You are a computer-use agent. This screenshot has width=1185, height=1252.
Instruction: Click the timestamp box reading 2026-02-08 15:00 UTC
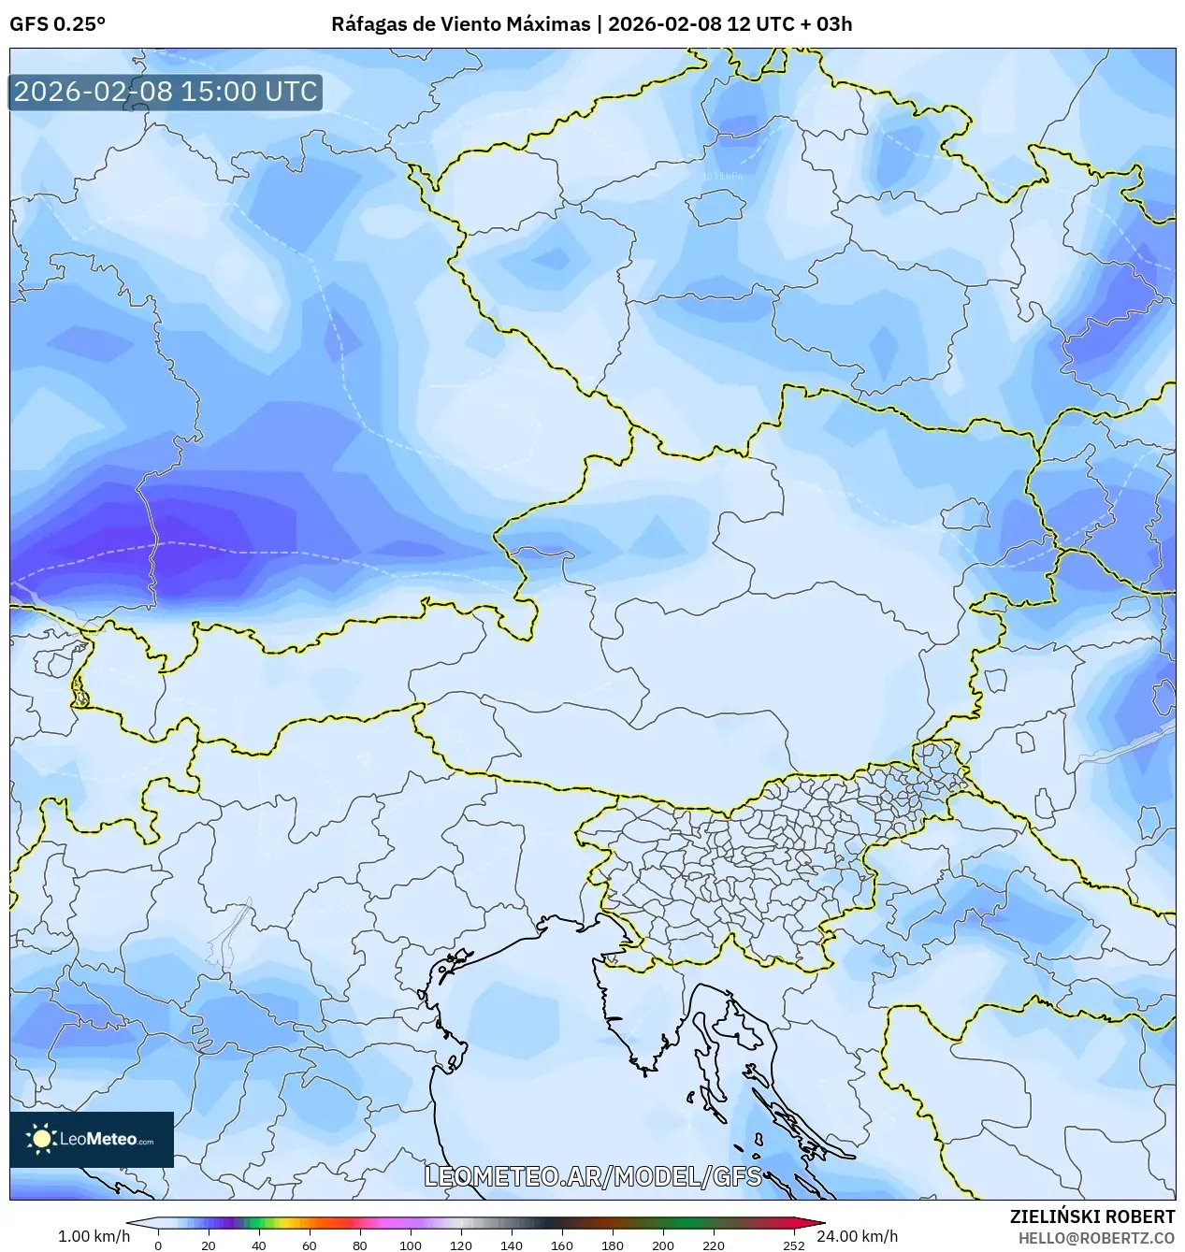tap(166, 92)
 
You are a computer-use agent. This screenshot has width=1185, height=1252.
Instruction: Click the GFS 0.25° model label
tap(57, 24)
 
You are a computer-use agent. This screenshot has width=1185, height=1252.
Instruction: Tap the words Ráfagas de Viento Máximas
tap(460, 24)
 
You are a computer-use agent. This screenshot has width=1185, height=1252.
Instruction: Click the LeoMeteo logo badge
tap(92, 1139)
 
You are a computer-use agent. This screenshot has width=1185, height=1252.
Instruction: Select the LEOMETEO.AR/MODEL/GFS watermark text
tap(593, 1176)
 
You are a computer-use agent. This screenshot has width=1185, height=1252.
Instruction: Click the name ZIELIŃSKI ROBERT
tap(1091, 1216)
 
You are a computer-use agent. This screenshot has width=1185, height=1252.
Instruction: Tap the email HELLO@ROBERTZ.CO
tap(1096, 1237)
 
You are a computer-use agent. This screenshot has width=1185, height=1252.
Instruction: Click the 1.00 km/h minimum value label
tap(94, 1236)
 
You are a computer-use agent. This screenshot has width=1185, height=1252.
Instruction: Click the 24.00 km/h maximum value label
tap(857, 1236)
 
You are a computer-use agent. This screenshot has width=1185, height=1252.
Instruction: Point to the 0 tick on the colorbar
tap(157, 1245)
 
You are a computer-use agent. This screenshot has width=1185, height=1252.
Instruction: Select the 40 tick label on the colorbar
tap(259, 1245)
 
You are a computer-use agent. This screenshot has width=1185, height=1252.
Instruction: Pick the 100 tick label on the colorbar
tap(411, 1245)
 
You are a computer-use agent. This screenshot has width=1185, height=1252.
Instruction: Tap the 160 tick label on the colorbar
tap(562, 1245)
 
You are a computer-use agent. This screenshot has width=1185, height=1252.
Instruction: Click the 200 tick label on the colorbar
tap(663, 1245)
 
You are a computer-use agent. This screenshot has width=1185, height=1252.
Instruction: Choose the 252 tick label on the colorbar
tap(794, 1245)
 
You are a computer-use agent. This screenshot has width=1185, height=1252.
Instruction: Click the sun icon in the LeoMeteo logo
tap(41, 1138)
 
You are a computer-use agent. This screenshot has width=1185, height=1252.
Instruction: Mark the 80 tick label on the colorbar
tap(360, 1245)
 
